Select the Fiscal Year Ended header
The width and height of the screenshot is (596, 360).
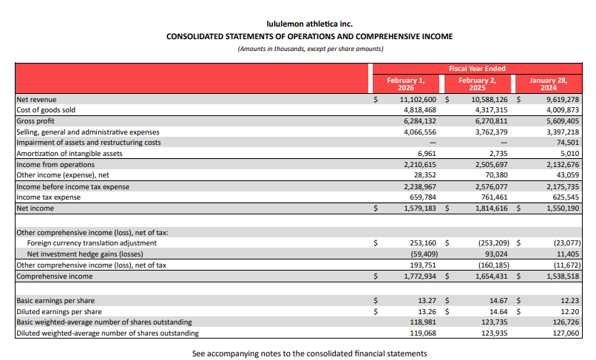click(x=477, y=68)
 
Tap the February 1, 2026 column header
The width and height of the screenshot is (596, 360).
click(x=406, y=83)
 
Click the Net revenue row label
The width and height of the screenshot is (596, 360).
click(x=36, y=99)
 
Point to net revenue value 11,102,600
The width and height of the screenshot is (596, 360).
click(x=418, y=99)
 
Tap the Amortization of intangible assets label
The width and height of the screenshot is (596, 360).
click(x=70, y=154)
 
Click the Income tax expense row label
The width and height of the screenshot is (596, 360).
click(x=49, y=197)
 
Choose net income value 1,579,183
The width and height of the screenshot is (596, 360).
click(x=418, y=208)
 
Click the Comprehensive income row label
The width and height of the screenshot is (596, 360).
click(x=55, y=276)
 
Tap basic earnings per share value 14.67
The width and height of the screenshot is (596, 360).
click(x=496, y=301)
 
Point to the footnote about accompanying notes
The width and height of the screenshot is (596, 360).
click(x=309, y=353)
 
